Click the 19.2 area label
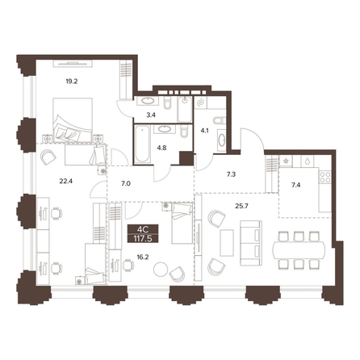coord(72,82)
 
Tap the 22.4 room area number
coord(66,182)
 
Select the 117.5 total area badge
coord(143,238)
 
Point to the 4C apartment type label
coord(143,229)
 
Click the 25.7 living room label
coord(241,207)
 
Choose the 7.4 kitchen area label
coord(295,185)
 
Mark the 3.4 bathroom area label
coord(152,115)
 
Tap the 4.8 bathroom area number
coord(162,148)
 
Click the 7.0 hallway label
coord(126,184)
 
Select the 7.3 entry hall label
coord(231,174)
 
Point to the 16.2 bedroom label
coord(143,257)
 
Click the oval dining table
coord(299,250)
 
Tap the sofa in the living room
coord(251,244)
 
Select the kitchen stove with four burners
coord(325,178)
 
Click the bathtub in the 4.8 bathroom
coord(142,144)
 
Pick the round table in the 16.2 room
coord(161,269)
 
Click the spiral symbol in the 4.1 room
coord(201,103)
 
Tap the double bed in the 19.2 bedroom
coord(73,120)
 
